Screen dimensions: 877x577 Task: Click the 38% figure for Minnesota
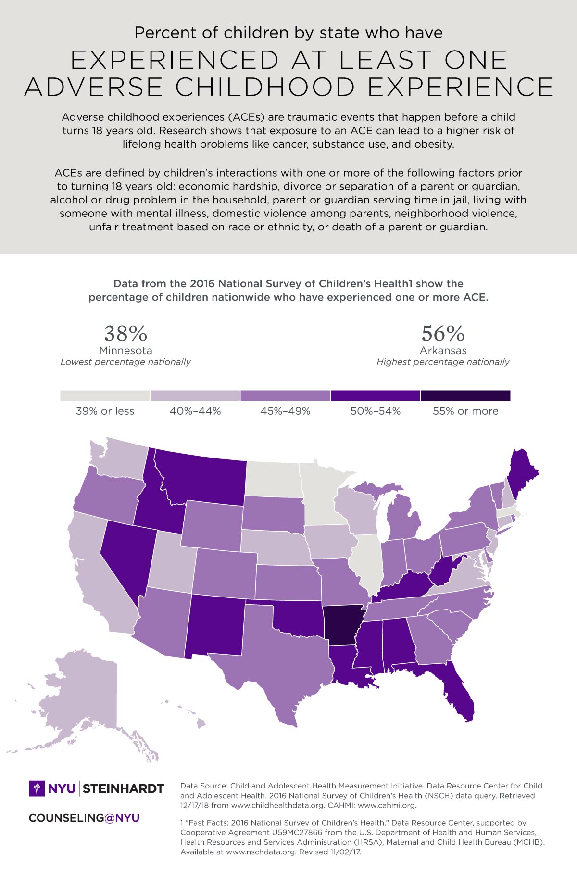pos(125,333)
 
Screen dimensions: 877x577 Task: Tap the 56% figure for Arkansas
pos(443,333)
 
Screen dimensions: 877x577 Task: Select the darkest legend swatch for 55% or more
pos(465,395)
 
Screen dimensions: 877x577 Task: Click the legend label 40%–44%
pos(195,411)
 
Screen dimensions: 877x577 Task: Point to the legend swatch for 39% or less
pos(105,395)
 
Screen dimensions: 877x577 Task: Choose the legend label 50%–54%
pos(376,411)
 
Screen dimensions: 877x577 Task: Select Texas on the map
pos(279,664)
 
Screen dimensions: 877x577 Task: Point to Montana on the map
pos(202,476)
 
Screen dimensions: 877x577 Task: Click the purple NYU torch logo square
pos(37,788)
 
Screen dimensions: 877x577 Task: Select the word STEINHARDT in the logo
pos(124,789)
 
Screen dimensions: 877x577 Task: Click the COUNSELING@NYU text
pos(84,818)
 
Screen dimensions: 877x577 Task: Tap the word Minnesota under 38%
pos(125,351)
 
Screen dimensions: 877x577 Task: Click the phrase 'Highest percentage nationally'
pos(443,362)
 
